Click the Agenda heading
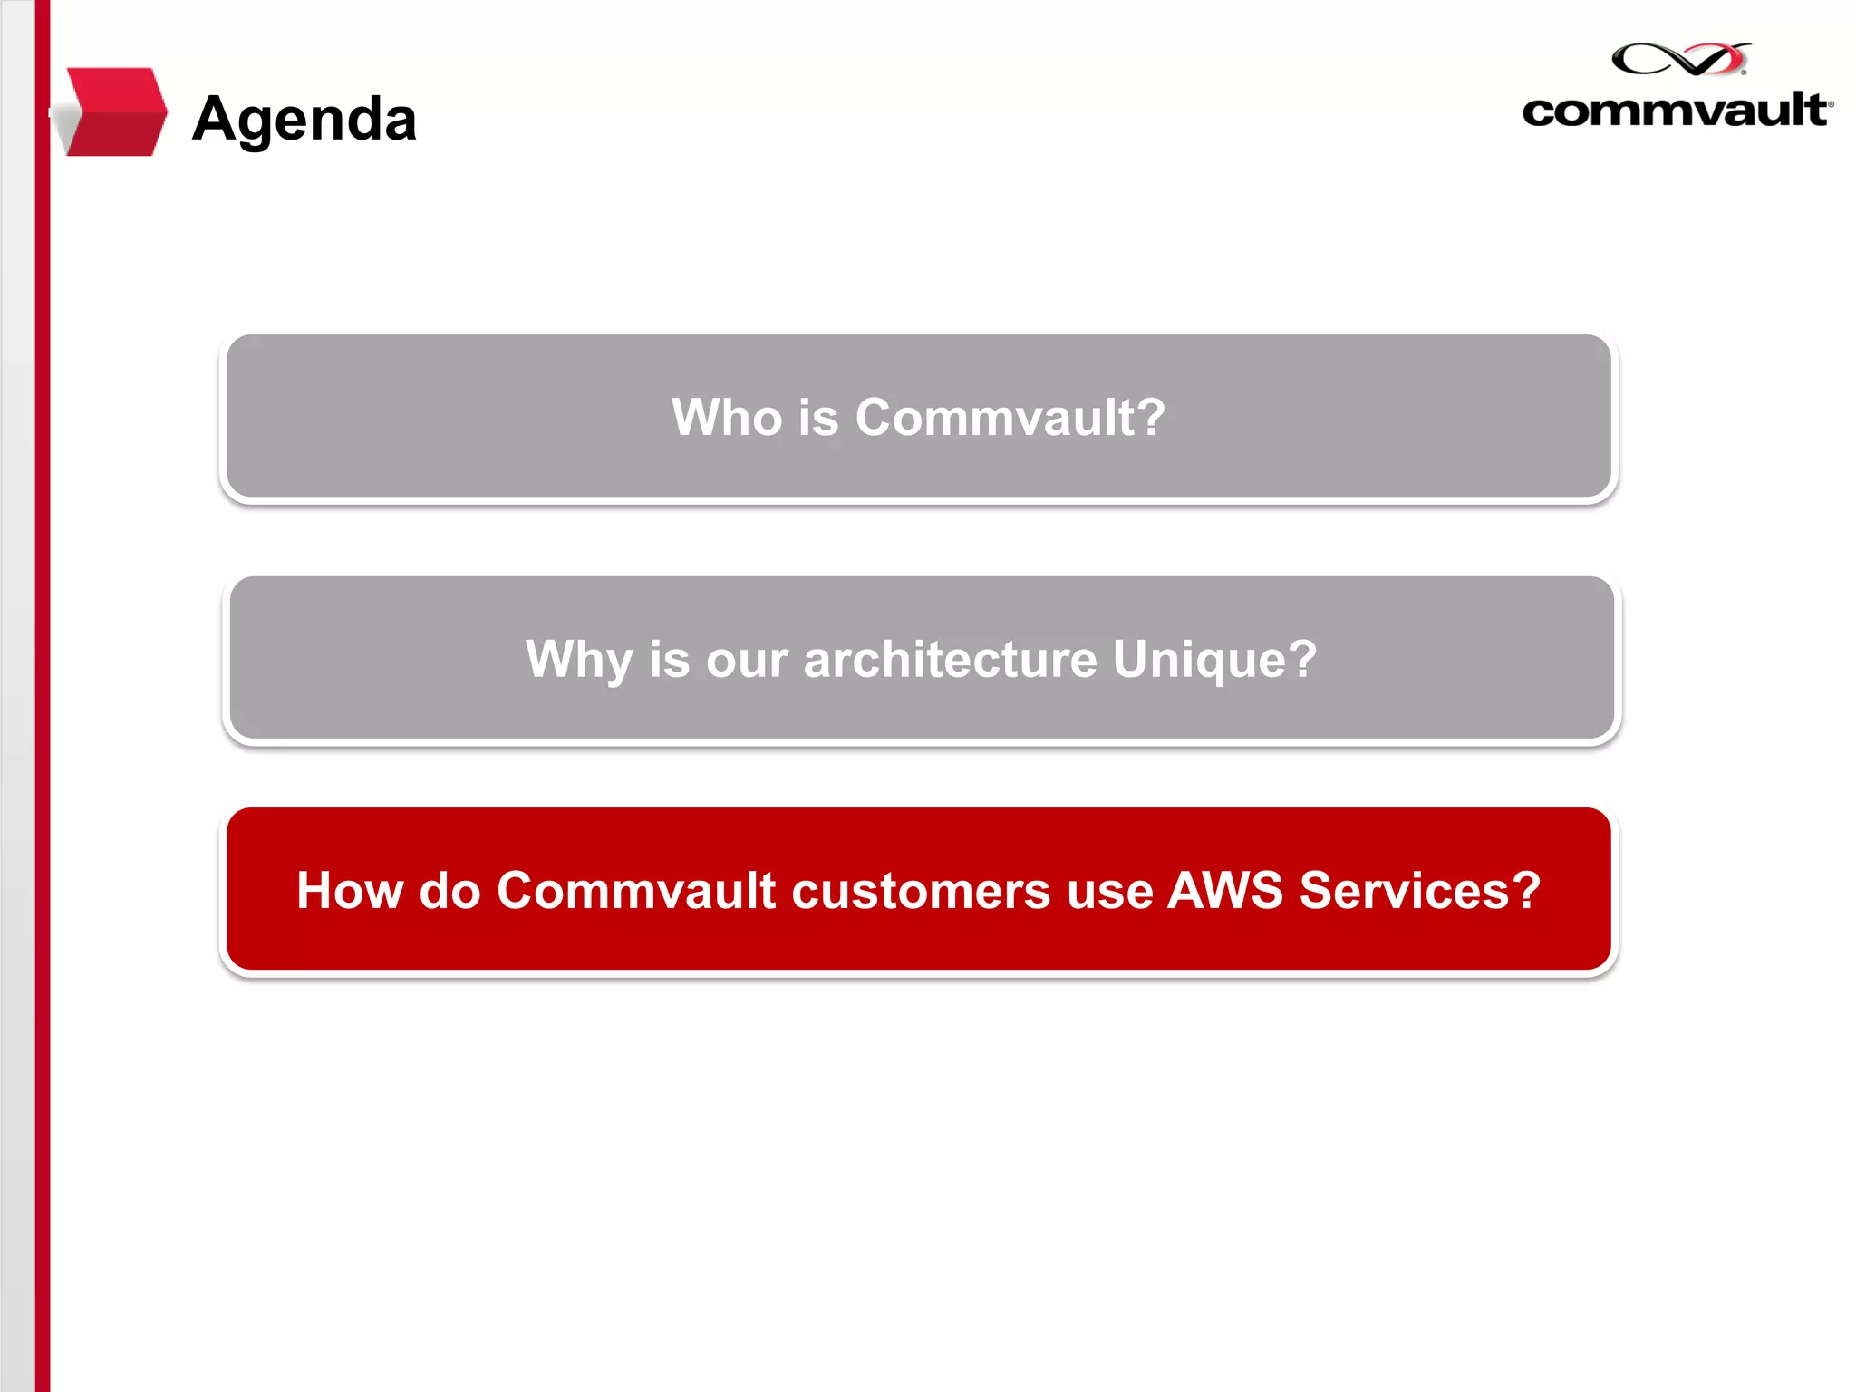[x=304, y=119]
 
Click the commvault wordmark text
[x=1676, y=111]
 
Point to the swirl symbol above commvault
[x=1680, y=59]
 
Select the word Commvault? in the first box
[x=1010, y=418]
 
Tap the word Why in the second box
[x=578, y=659]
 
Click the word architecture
[x=950, y=659]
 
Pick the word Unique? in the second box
[x=1214, y=659]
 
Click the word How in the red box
[x=349, y=891]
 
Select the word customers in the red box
[x=921, y=891]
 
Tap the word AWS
[x=1225, y=891]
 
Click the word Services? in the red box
[x=1420, y=891]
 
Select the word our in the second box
[x=747, y=659]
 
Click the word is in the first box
[x=818, y=418]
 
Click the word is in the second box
[x=669, y=659]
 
